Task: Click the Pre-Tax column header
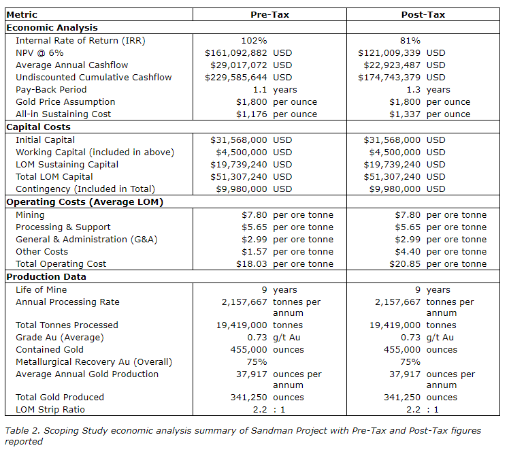click(x=271, y=14)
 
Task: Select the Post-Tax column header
click(x=423, y=14)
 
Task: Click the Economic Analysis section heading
click(x=52, y=28)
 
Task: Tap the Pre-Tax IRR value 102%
click(x=254, y=40)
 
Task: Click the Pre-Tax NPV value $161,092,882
click(x=237, y=52)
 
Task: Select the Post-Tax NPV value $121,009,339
click(x=391, y=52)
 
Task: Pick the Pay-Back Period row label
click(x=51, y=89)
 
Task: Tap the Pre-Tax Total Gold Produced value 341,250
click(x=250, y=398)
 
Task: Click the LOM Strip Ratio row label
click(x=50, y=410)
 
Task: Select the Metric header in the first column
click(x=22, y=14)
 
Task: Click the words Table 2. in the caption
click(x=22, y=431)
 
